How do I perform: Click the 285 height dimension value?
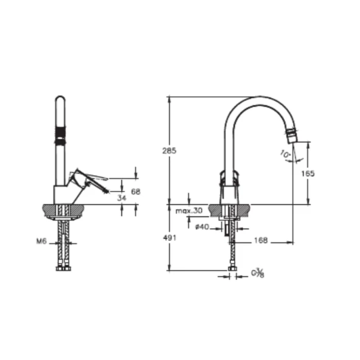[x=170, y=150]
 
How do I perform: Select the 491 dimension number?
[x=170, y=238]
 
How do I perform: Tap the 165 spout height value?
[x=308, y=173]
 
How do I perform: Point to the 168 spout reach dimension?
[x=261, y=241]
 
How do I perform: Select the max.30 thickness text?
[x=189, y=210]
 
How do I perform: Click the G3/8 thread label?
[x=259, y=274]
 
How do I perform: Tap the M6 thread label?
[x=41, y=241]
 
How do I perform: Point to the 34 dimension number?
[x=122, y=198]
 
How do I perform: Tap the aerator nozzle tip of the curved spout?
[x=293, y=135]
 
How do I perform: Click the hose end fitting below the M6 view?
[x=63, y=268]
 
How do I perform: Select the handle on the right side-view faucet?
[x=229, y=178]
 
